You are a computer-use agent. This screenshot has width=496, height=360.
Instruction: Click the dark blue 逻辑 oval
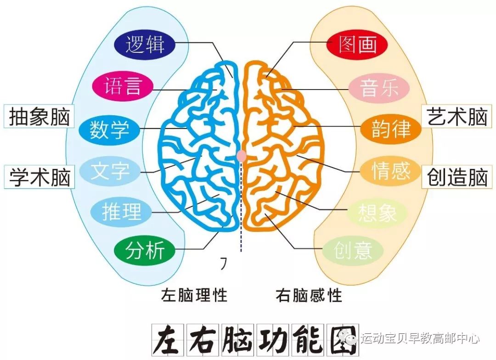pos(145,44)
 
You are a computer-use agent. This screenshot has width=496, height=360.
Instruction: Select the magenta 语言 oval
pos(123,86)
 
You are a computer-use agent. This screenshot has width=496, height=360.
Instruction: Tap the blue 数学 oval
pos(109,130)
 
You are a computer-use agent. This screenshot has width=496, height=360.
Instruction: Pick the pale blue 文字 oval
pos(109,171)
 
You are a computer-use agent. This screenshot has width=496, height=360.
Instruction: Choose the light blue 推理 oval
pos(121,212)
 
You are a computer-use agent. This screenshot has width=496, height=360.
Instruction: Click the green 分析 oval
pos(145,250)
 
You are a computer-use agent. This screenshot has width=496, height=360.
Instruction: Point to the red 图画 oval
pos(357,44)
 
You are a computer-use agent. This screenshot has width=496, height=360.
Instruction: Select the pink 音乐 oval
pos(379,88)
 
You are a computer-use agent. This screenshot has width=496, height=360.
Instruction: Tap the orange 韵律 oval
pos(391,129)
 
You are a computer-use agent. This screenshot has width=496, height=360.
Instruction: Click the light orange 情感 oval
pos(391,171)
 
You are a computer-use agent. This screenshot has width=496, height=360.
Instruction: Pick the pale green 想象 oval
pos(377,213)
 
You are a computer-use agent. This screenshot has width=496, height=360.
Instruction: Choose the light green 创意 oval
pos(353,250)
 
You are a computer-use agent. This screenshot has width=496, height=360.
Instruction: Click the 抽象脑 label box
pos(39,117)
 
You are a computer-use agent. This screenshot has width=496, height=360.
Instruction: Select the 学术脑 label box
pos(39,177)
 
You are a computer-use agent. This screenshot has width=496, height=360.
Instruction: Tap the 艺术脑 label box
pos(457,116)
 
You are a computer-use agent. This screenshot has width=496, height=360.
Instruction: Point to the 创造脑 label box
pos(457,177)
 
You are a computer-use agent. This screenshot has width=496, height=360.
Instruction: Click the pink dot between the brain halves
pos(242,156)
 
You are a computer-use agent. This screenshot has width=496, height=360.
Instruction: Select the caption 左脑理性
pos(194,295)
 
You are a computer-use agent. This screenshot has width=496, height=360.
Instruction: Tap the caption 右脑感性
pos(309,295)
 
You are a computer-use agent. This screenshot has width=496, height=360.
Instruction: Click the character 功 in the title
pos(274,339)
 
